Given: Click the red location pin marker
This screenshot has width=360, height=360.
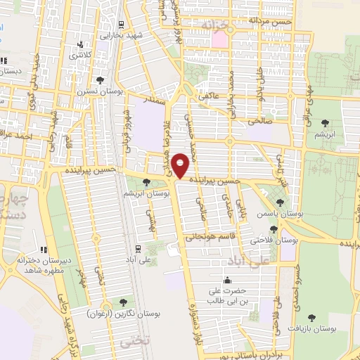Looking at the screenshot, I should pos(181,165).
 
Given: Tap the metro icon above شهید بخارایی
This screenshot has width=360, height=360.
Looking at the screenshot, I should pos(122,24).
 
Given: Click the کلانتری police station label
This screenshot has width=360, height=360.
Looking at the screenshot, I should pos(89,53).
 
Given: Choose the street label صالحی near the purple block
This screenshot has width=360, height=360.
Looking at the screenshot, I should pos(259,120).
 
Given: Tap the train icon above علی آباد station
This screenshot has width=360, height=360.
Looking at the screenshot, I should pos(137,248).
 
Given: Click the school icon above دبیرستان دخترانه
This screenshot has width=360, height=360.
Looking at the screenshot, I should pos(44,249).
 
